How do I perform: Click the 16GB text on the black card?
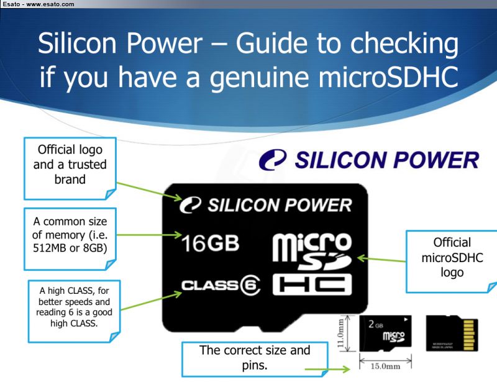[x=210, y=243]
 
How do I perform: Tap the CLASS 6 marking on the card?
[x=221, y=285]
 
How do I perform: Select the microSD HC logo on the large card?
[x=312, y=264]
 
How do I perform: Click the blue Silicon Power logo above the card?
[x=369, y=160]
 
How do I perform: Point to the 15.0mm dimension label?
[x=385, y=366]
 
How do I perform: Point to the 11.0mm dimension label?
[x=340, y=333]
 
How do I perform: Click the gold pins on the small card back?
[x=469, y=335]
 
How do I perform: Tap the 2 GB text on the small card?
[x=376, y=324]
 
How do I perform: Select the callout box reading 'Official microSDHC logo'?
[x=452, y=261]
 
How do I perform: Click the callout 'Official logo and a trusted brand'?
[x=70, y=168]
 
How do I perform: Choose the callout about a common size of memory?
[x=70, y=239]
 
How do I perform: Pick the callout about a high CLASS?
[x=74, y=311]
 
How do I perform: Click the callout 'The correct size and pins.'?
[x=255, y=359]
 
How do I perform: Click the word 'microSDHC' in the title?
[x=388, y=77]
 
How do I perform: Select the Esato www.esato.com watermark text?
[x=39, y=4]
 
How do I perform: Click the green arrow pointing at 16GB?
[x=149, y=235]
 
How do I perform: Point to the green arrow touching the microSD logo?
[x=381, y=260]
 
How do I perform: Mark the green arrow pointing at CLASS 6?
[x=151, y=301]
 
